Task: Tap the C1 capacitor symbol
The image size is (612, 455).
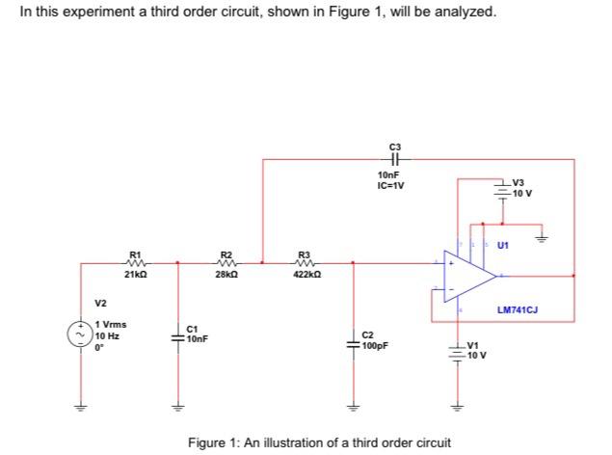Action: [x=176, y=335]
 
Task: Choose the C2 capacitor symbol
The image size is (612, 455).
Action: [x=353, y=340]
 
